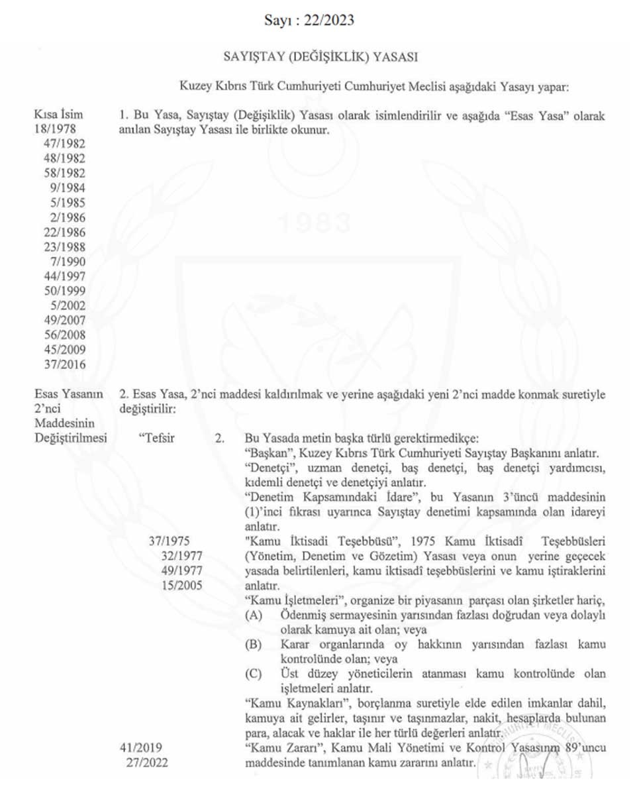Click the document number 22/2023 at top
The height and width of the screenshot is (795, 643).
(x=329, y=21)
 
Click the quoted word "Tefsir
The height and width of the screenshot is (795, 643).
(x=157, y=439)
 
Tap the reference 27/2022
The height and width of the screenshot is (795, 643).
(x=147, y=763)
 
